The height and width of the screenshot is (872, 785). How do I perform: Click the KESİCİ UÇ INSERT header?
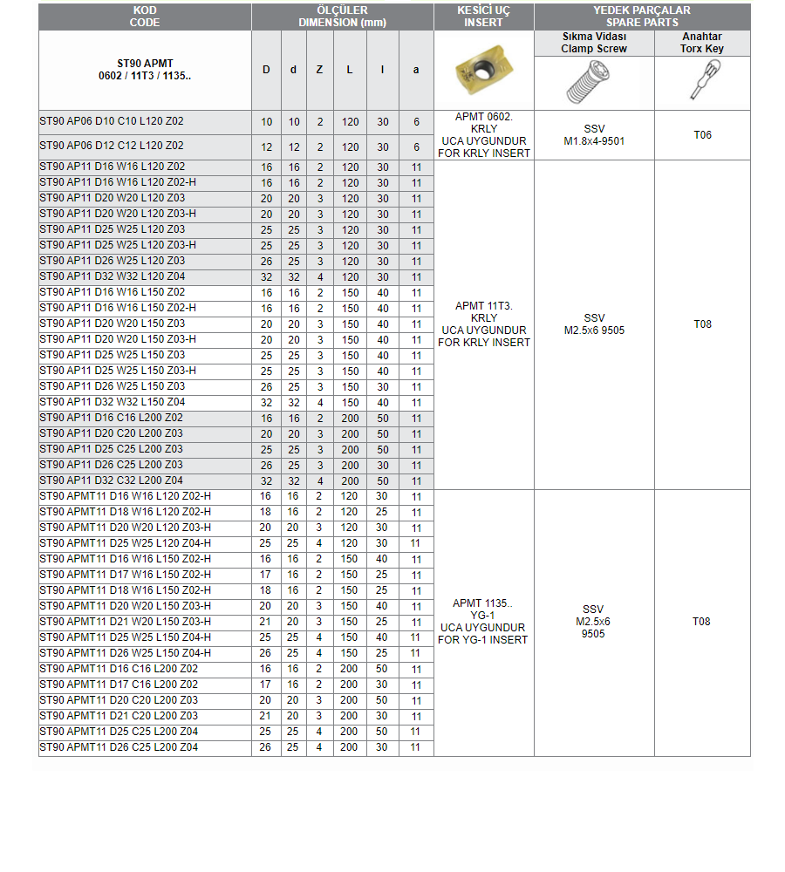(483, 17)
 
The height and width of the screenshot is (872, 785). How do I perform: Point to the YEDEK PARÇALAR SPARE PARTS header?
(642, 17)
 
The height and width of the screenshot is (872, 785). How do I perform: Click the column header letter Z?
(320, 70)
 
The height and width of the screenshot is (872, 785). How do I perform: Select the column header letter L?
(350, 70)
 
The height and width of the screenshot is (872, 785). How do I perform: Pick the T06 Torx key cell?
(702, 135)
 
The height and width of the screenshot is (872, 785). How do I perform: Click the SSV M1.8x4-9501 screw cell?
(594, 135)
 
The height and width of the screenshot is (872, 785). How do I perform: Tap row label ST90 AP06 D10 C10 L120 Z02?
(112, 123)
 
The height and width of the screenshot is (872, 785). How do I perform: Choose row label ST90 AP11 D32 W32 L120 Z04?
(112, 276)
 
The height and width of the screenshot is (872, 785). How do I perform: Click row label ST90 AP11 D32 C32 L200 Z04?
(112, 480)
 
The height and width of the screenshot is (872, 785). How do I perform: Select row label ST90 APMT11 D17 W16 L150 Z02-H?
(126, 575)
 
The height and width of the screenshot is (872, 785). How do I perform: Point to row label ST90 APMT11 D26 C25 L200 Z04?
(119, 747)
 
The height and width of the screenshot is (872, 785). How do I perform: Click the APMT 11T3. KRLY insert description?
(483, 324)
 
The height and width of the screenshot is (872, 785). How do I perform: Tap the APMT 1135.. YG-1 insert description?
(483, 622)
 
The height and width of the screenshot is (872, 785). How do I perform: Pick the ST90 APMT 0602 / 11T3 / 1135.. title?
(145, 70)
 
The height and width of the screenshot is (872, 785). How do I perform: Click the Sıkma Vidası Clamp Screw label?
(594, 43)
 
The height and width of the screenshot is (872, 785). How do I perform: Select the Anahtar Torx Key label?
(702, 43)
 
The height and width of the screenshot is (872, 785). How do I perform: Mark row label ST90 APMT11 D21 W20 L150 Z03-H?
(126, 622)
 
